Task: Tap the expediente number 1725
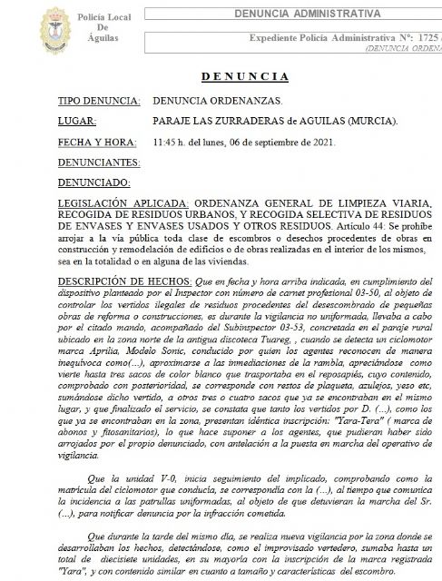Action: click(418, 43)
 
